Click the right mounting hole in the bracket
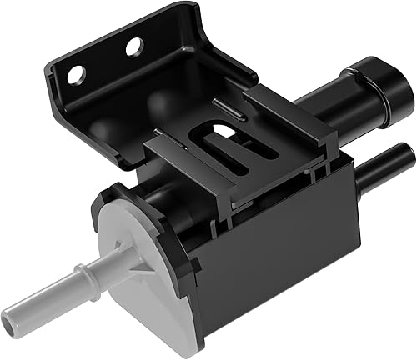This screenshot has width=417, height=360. point(133,47)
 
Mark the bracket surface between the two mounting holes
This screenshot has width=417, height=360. point(106,63)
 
